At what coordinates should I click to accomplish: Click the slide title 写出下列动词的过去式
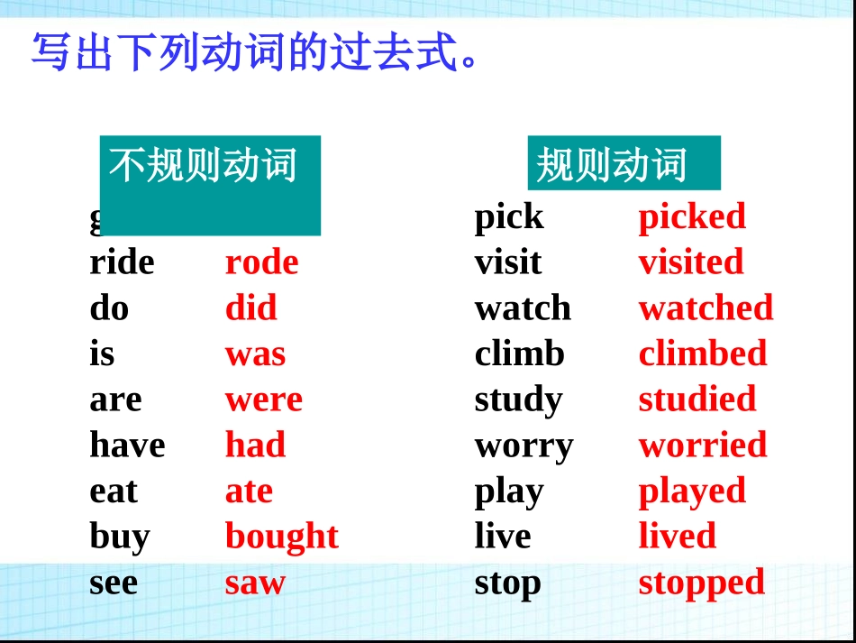(x=257, y=53)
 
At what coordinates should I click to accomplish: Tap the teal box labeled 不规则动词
(x=210, y=185)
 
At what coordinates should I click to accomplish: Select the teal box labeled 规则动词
(x=624, y=163)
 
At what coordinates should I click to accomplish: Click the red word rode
(x=261, y=262)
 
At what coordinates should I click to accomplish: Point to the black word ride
(x=122, y=262)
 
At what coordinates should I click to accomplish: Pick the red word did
(x=250, y=308)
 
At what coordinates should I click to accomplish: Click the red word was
(x=255, y=354)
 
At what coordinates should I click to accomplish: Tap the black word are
(x=115, y=400)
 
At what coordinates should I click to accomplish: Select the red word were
(x=263, y=400)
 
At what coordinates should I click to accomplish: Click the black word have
(x=127, y=445)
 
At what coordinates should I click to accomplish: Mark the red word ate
(x=249, y=491)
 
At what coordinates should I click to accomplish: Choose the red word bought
(x=281, y=537)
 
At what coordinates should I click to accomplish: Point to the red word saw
(x=255, y=583)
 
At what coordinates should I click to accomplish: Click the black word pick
(x=509, y=217)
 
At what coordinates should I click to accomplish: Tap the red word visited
(x=691, y=262)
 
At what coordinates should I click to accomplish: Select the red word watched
(x=706, y=308)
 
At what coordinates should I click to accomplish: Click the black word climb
(x=519, y=354)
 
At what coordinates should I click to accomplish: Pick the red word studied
(x=697, y=400)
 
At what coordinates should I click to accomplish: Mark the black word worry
(x=524, y=446)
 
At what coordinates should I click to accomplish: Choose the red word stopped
(x=701, y=583)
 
